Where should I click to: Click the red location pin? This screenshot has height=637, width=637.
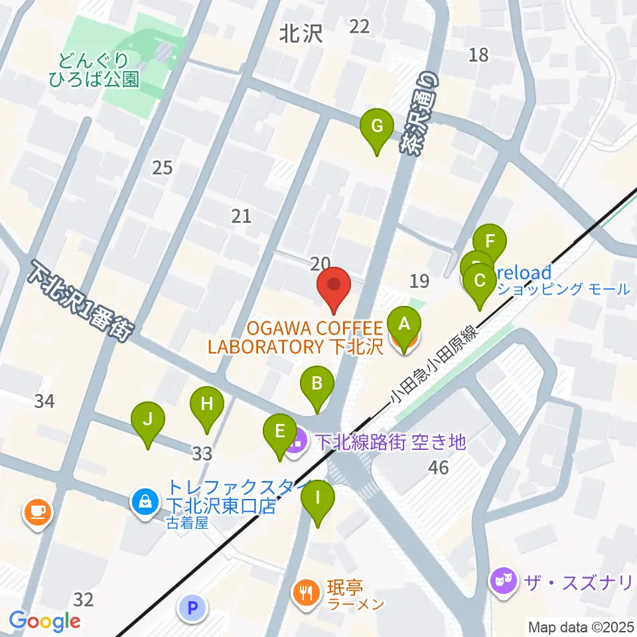coord(333,287)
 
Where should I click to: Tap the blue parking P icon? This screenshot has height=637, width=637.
coord(193,606)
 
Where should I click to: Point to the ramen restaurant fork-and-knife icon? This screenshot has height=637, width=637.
coord(306,589)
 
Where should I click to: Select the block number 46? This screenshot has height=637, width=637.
coord(438,468)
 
